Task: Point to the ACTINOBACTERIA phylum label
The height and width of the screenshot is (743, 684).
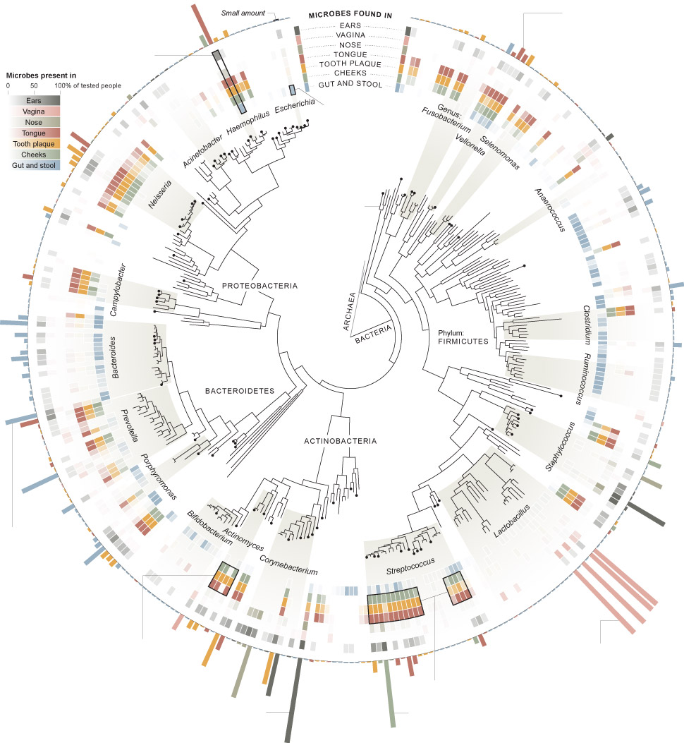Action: [341, 442]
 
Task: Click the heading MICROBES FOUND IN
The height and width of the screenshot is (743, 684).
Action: [350, 15]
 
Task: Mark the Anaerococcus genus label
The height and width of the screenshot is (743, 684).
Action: [551, 210]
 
